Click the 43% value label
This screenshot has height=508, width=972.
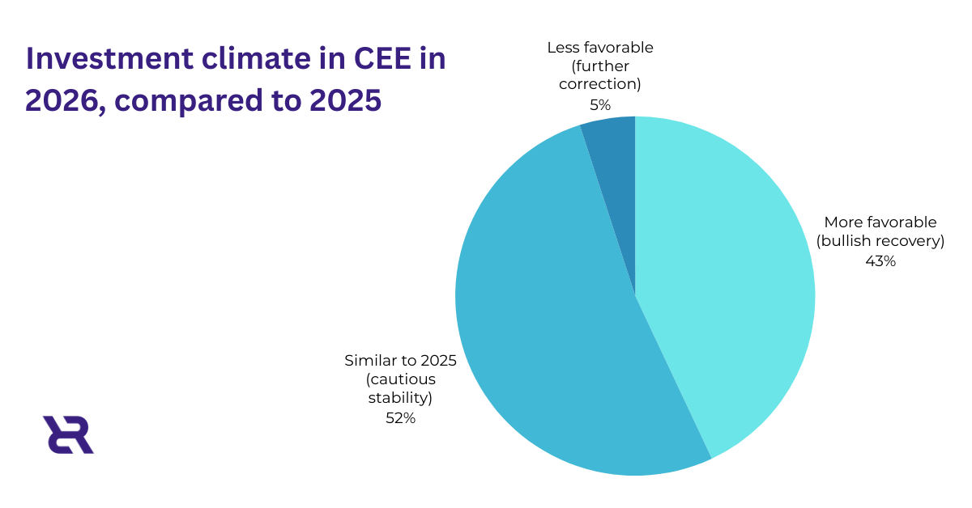pyautogui.click(x=880, y=261)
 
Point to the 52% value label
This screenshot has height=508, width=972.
pyautogui.click(x=400, y=418)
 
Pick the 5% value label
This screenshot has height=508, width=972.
pyautogui.click(x=600, y=104)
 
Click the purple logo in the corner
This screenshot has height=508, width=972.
pyautogui.click(x=68, y=434)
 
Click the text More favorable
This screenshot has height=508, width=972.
pyautogui.click(x=880, y=222)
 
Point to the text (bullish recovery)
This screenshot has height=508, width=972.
pyautogui.click(x=880, y=241)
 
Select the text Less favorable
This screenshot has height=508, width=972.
pyautogui.click(x=600, y=47)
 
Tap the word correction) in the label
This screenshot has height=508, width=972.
pyautogui.click(x=600, y=84)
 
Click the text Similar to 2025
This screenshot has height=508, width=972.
pyautogui.click(x=400, y=361)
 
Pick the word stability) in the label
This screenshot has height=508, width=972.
pyautogui.click(x=400, y=398)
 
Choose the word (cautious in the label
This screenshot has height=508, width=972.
pyautogui.click(x=400, y=379)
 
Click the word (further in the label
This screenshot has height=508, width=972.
pyautogui.click(x=600, y=66)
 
